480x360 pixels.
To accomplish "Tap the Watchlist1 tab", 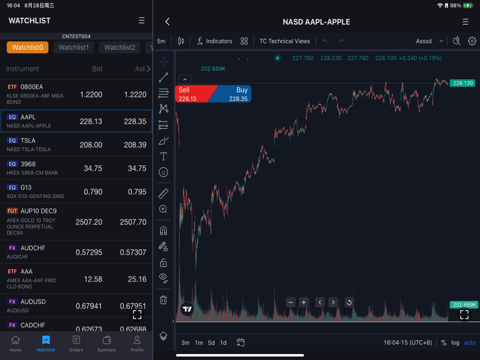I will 73,47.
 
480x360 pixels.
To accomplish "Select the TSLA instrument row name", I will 28,141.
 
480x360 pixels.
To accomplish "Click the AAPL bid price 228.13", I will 91,121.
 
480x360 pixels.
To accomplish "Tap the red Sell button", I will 189,94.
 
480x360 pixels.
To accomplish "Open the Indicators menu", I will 214,41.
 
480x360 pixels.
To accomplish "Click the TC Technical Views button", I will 285,41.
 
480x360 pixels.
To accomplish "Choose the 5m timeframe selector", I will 161,41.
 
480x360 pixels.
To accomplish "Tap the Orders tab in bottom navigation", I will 76,343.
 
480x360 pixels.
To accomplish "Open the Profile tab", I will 137,343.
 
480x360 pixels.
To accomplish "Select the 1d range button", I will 223,343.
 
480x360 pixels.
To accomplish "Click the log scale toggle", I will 455,343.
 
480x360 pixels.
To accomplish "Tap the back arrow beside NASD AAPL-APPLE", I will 167,22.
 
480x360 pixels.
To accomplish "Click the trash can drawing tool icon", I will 163,300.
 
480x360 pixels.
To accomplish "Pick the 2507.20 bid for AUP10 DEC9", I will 89,222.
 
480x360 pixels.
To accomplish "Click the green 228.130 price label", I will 462,83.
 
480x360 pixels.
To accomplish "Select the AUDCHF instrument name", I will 33,248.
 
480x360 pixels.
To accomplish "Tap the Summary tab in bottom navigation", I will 107,343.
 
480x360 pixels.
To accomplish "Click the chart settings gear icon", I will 472,41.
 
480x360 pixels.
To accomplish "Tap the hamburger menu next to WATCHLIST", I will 141,21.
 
